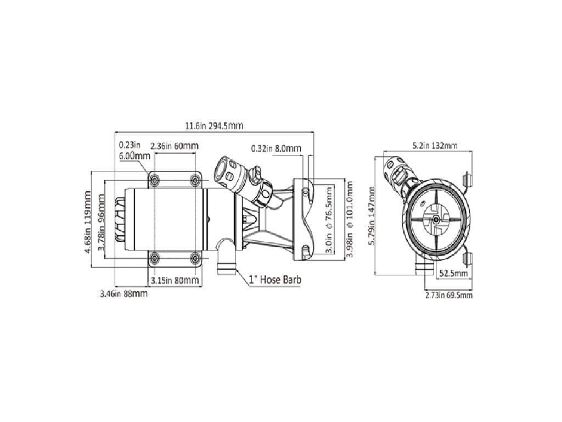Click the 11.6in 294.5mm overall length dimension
pyautogui.click(x=213, y=126)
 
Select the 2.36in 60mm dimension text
pyautogui.click(x=175, y=147)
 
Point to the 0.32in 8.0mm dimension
pyautogui.click(x=276, y=149)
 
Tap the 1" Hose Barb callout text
pyautogui.click(x=275, y=280)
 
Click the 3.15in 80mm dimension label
pyautogui.click(x=175, y=281)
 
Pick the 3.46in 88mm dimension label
pyautogui.click(x=123, y=294)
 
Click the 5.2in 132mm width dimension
pyautogui.click(x=435, y=146)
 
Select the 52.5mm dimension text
pyautogui.click(x=453, y=274)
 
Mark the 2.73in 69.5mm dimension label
pyautogui.click(x=448, y=295)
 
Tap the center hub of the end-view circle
pyautogui.click(x=435, y=220)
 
